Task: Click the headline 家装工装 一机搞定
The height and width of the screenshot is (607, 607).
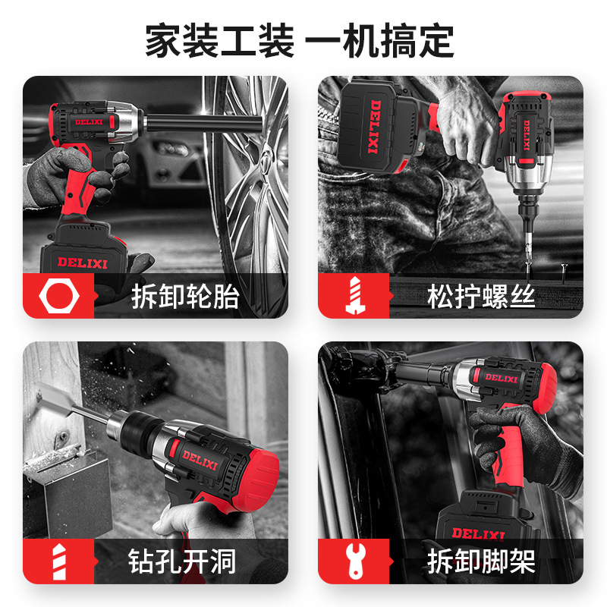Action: pos(299,41)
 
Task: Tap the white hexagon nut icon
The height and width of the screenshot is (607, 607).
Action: pos(59,296)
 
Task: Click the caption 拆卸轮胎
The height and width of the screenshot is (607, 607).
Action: pos(185,297)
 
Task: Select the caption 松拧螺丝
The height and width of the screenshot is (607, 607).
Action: pos(481,297)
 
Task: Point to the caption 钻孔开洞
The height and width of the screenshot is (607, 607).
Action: pos(182,561)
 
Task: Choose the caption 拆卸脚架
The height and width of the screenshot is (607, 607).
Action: pos(481,561)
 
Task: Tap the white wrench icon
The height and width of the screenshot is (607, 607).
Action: pos(355,561)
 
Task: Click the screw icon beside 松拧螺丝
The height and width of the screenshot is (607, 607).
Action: pos(355,295)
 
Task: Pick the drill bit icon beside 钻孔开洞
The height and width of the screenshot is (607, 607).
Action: pos(59,561)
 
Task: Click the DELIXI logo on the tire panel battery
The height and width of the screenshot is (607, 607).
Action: pos(83,263)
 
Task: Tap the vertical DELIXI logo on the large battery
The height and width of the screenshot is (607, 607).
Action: pos(374,127)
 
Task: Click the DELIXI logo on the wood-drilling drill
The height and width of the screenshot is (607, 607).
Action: pos(200,460)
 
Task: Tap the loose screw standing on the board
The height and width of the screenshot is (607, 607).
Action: pos(564,269)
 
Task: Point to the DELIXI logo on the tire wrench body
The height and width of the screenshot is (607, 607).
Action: pos(89,122)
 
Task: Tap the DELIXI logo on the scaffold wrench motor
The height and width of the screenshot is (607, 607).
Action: pos(501,377)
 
